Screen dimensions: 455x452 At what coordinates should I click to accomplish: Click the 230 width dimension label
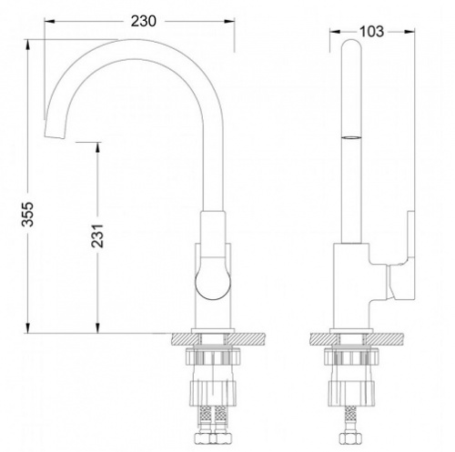point(143,21)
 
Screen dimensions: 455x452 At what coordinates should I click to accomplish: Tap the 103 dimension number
point(371,32)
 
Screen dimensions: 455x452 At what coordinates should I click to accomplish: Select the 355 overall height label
point(29,214)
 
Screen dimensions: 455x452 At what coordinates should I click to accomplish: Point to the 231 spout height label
point(97,236)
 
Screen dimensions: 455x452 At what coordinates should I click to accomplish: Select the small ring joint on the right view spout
point(351,138)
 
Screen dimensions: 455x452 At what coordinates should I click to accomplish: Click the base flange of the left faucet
point(213,331)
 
